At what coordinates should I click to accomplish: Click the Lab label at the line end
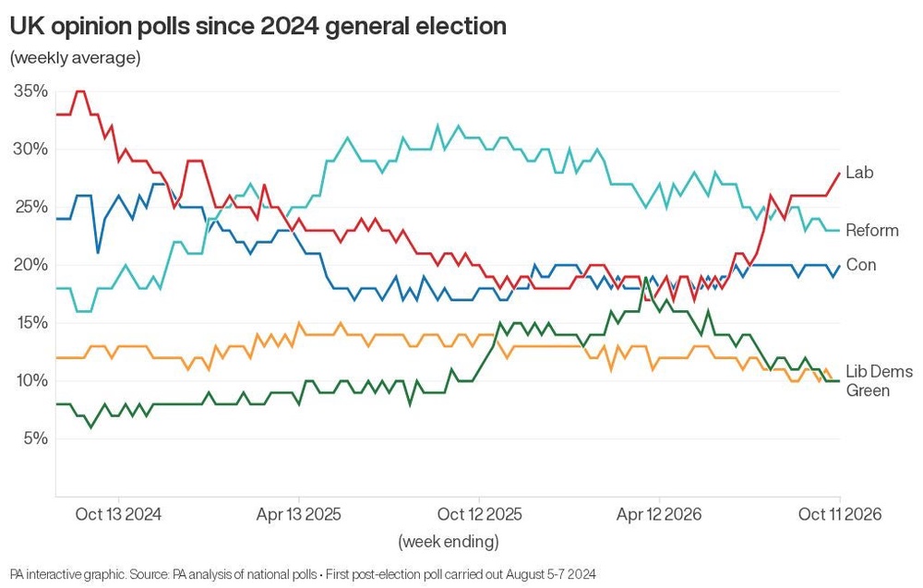point(859,173)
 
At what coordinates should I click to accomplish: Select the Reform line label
point(872,230)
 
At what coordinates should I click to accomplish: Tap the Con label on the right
point(860,265)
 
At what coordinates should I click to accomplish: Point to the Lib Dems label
point(879,371)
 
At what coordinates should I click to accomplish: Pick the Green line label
point(867,390)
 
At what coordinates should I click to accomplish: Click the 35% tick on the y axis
point(30,91)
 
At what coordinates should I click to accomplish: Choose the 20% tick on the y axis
point(30,265)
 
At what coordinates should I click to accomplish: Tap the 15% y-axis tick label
point(30,322)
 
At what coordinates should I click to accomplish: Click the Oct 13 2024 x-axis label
point(118,514)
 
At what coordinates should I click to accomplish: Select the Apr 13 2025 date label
point(298,514)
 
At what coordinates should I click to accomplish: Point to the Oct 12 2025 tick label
point(479,514)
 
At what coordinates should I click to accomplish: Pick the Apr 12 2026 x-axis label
point(659,514)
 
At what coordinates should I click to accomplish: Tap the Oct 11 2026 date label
point(839,514)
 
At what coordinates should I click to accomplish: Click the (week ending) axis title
point(449,541)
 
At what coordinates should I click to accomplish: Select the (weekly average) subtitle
point(76,57)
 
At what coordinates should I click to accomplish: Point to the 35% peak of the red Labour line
point(81,91)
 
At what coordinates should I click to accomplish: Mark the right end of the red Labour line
point(839,173)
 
